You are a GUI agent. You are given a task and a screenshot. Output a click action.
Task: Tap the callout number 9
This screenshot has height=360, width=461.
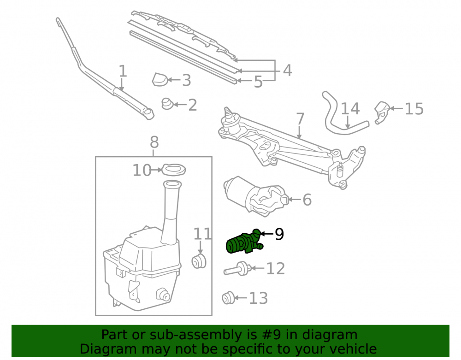[x=279, y=234]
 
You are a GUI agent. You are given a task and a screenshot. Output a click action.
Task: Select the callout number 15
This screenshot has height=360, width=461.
[x=414, y=109]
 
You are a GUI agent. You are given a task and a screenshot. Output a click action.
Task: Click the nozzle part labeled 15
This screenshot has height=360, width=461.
[x=382, y=112]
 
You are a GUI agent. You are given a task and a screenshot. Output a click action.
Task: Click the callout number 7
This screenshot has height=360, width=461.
[x=300, y=119]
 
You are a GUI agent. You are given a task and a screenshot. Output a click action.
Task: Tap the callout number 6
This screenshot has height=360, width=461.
[x=307, y=200]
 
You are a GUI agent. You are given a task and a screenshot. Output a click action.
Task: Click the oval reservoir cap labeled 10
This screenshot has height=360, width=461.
[x=174, y=170]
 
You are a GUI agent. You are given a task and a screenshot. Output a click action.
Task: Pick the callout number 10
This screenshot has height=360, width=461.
[x=142, y=170]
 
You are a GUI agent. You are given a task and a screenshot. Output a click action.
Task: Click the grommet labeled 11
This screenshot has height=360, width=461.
[x=199, y=261]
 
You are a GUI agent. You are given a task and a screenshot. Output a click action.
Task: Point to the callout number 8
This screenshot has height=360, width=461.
[x=154, y=142]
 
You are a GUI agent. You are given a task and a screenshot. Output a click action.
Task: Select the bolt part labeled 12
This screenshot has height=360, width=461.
[x=236, y=269]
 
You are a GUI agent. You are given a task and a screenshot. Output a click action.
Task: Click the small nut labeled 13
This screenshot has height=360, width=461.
[x=228, y=298]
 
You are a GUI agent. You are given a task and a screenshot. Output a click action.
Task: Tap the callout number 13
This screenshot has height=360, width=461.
[x=258, y=298]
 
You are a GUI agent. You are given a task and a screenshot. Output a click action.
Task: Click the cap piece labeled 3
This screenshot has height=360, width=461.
[x=160, y=79]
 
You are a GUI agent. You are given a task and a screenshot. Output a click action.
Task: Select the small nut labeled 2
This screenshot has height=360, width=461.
[x=168, y=104]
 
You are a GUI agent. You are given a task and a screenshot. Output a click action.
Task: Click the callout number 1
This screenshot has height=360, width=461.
[x=123, y=71]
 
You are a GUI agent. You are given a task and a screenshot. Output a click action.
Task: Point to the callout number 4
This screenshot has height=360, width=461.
[x=287, y=71]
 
